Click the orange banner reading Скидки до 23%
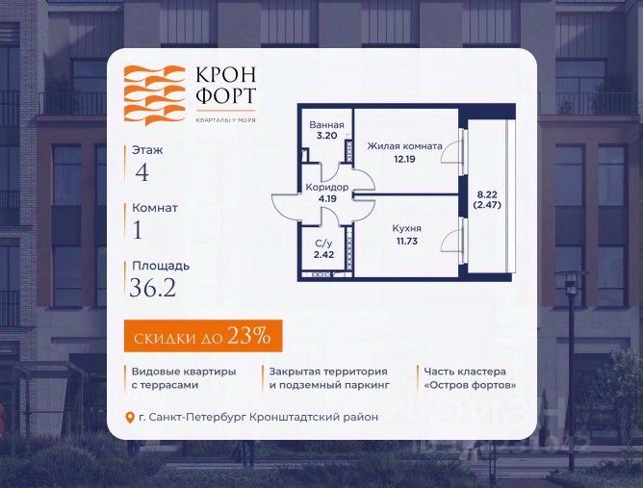(203, 335)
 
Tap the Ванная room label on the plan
(325, 125)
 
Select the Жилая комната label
(404, 146)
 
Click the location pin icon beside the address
(131, 417)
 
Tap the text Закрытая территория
(328, 371)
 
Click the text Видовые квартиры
(177, 371)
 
